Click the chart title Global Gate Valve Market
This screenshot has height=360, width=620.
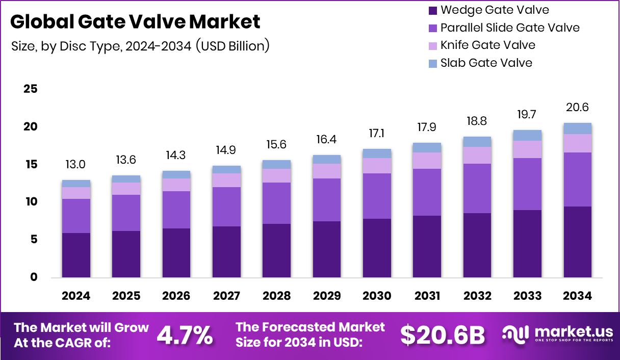click(x=135, y=21)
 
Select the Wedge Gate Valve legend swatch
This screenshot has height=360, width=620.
click(x=433, y=10)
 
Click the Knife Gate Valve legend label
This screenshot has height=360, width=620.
click(x=488, y=45)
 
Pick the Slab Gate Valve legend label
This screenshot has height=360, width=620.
click(x=486, y=63)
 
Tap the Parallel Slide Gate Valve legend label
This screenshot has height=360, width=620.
click(x=510, y=28)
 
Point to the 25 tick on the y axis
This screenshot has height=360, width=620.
click(x=31, y=89)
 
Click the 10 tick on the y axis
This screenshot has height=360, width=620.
click(x=31, y=202)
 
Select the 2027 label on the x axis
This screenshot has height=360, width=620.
click(x=226, y=296)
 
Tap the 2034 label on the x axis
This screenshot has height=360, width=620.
click(x=578, y=296)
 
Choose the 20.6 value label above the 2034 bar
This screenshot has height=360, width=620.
click(x=578, y=108)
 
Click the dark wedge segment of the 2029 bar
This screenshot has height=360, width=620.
click(x=327, y=249)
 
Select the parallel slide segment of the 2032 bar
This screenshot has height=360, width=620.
click(x=477, y=188)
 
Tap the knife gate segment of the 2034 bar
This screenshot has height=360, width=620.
click(x=578, y=143)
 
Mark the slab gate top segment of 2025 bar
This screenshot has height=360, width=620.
click(x=126, y=179)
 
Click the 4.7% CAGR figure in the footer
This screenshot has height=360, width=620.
click(x=185, y=335)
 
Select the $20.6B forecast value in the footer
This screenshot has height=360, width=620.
click(x=442, y=335)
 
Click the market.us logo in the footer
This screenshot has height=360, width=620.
click(x=556, y=335)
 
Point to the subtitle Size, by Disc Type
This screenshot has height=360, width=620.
click(x=140, y=46)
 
